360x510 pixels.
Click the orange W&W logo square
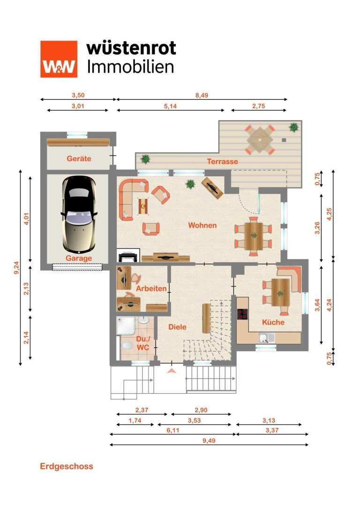click(x=59, y=59)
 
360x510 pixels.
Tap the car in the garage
click(x=79, y=214)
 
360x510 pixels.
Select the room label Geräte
click(x=79, y=159)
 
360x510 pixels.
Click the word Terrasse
click(x=222, y=161)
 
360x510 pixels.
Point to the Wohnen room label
click(x=202, y=225)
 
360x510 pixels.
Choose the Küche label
click(x=273, y=322)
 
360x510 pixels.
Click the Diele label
click(x=177, y=327)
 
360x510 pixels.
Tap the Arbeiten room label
click(x=151, y=288)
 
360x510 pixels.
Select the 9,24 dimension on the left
click(x=16, y=268)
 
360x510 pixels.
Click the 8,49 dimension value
click(x=202, y=95)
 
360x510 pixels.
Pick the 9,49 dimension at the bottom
click(x=209, y=441)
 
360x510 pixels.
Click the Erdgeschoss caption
click(x=67, y=466)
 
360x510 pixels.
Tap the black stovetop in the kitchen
click(x=242, y=314)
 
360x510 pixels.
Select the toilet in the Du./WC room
click(x=127, y=345)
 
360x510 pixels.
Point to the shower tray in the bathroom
click(x=126, y=326)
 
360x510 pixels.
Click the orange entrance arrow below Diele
click(x=172, y=371)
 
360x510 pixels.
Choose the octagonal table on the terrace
click(x=260, y=140)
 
